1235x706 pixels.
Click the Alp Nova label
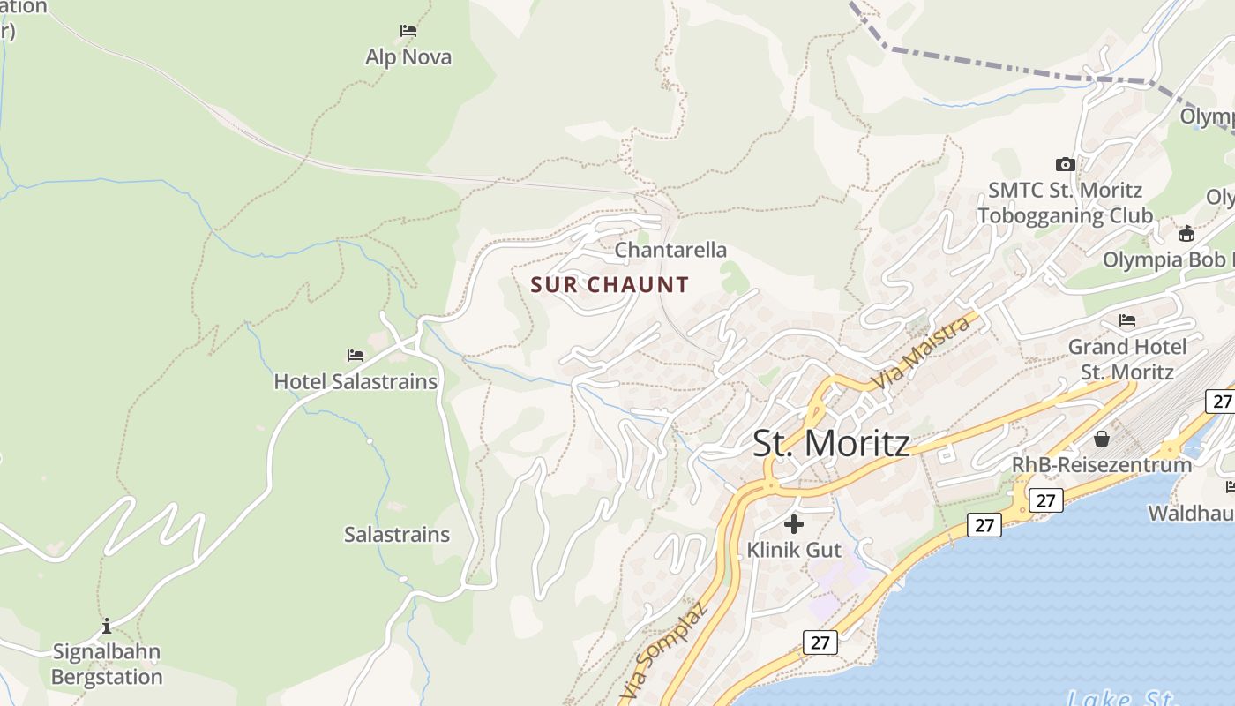(408, 57)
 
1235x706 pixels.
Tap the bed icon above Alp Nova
(408, 30)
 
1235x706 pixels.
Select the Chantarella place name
(670, 250)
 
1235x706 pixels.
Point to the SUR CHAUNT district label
(610, 284)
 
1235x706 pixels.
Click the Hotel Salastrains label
(356, 381)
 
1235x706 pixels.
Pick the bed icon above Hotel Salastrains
(356, 355)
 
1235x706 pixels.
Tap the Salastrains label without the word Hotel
(397, 534)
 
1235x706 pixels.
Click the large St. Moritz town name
(831, 442)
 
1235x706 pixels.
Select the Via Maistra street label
(921, 353)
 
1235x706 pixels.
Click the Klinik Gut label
(794, 550)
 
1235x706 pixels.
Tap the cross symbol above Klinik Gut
(794, 524)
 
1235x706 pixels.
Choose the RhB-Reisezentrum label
(1102, 464)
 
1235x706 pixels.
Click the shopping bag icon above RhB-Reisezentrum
(1102, 439)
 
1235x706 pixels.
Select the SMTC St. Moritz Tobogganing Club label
(1065, 202)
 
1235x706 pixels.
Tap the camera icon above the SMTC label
(1065, 164)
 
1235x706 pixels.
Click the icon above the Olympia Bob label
(1186, 234)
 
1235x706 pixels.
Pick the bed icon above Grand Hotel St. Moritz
(1127, 319)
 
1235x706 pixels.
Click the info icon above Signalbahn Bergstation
(107, 626)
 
